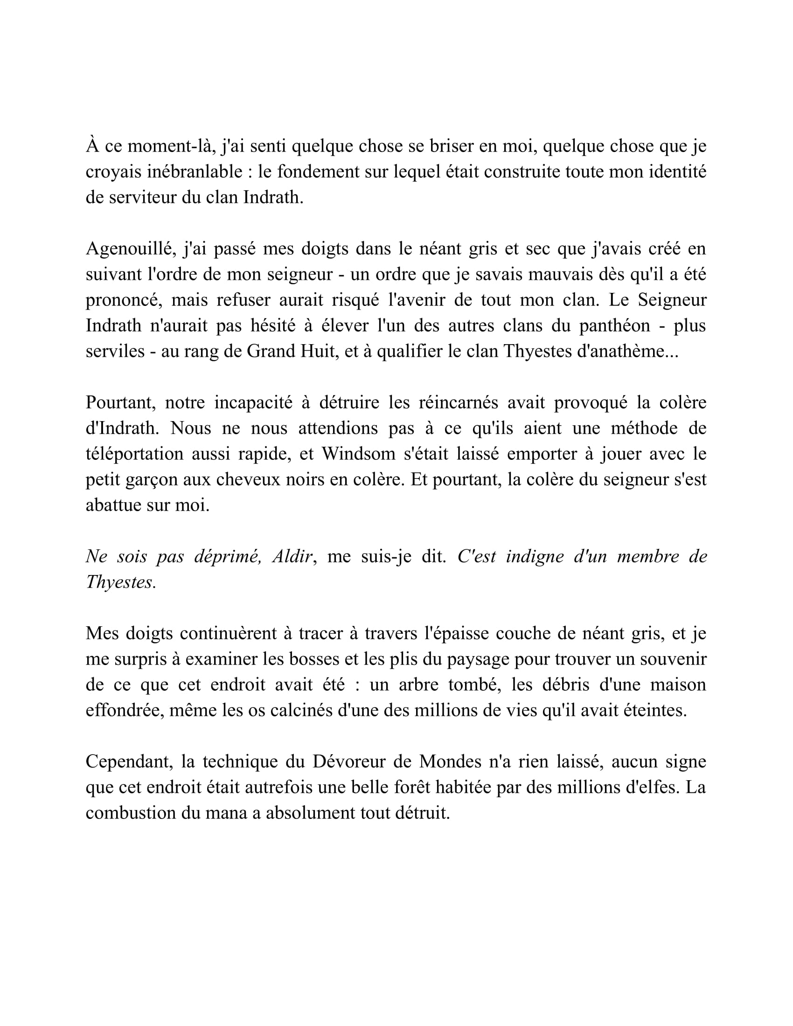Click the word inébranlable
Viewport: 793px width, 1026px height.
pyautogui.click(x=195, y=172)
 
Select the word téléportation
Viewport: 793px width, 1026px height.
pyautogui.click(x=134, y=454)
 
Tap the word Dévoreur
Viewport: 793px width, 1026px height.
pyautogui.click(x=348, y=762)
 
